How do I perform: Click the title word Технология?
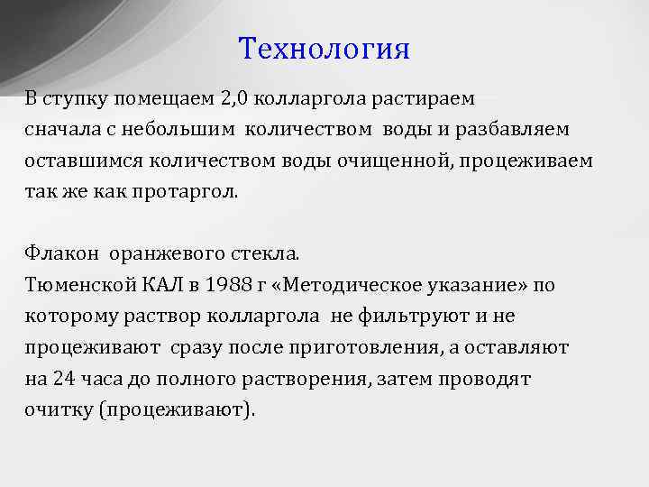(x=324, y=49)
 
